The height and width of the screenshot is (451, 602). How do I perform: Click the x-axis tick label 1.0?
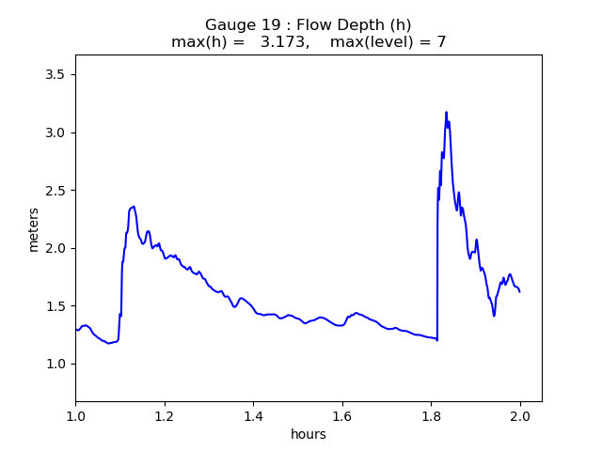point(75,416)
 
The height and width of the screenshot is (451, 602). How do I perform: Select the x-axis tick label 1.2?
point(165,416)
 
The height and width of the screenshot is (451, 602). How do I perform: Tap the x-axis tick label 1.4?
point(253,416)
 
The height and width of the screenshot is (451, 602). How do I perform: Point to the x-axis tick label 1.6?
point(342,416)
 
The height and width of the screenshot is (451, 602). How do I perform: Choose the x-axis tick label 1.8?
point(432,416)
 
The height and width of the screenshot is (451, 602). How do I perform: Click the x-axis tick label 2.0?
point(520,416)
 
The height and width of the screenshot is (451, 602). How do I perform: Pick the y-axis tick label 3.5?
point(55,74)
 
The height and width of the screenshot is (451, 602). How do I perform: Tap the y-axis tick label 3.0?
point(55,132)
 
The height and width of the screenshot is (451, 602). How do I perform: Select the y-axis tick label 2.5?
point(55,191)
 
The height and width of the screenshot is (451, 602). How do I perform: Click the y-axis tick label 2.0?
point(55,248)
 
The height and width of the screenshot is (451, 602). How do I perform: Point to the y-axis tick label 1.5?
point(55,306)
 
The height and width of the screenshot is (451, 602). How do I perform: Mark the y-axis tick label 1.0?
point(55,365)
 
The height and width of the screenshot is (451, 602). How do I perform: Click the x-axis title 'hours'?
point(309,435)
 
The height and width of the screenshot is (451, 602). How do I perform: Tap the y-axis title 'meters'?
point(34,229)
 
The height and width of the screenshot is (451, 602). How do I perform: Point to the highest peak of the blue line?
point(446,112)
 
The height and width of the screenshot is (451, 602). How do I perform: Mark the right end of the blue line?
point(519,291)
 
